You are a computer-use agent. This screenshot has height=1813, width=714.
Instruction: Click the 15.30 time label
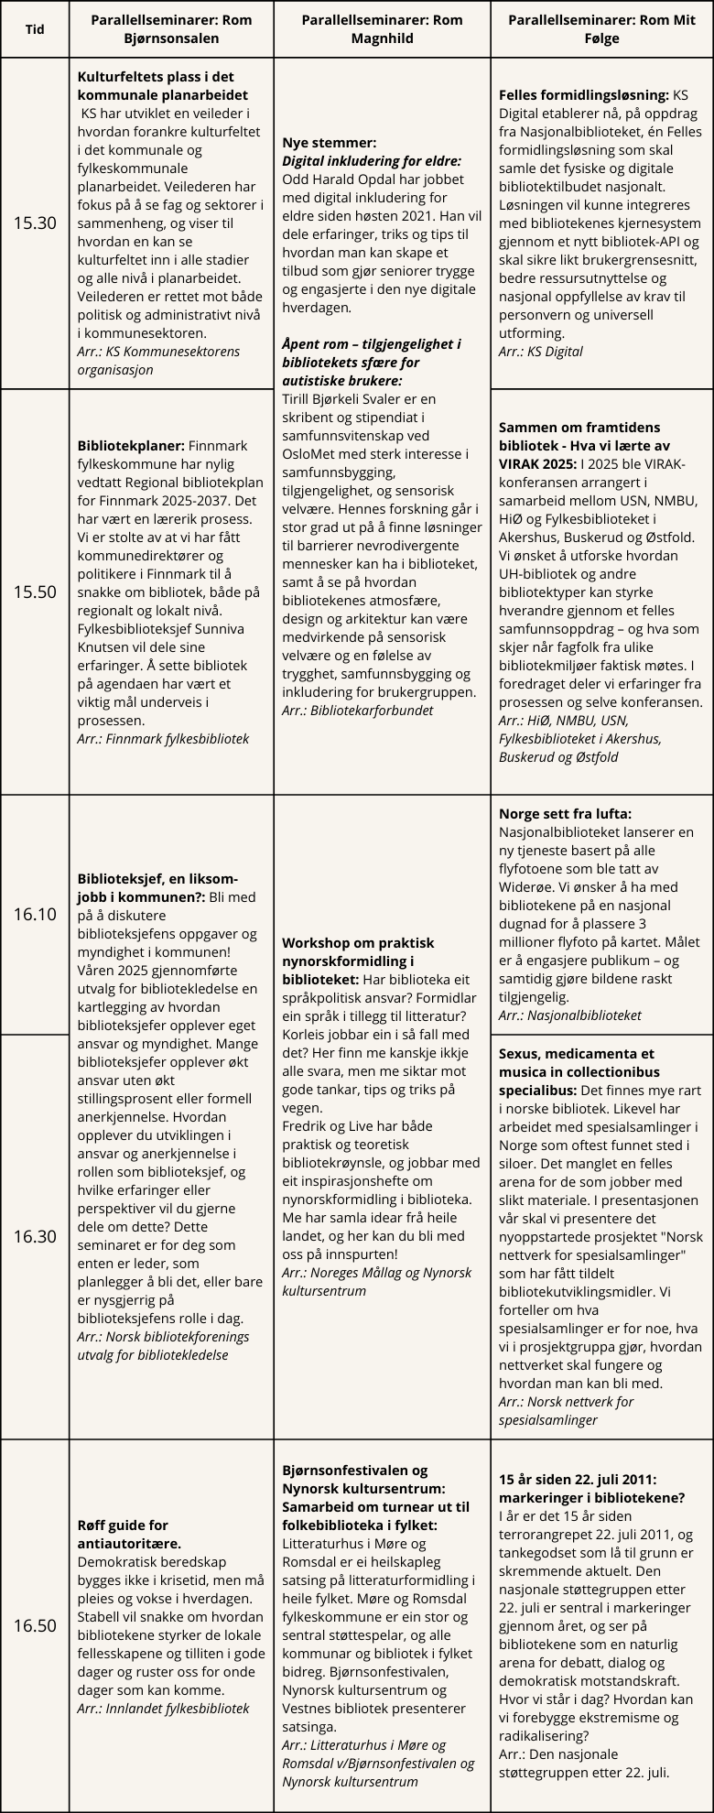click(35, 223)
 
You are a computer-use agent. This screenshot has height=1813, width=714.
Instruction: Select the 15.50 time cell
click(35, 592)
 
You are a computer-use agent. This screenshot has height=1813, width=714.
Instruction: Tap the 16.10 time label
click(35, 914)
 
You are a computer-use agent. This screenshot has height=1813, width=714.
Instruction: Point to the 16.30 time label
click(35, 1236)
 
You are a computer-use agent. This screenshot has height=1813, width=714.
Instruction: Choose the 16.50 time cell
click(35, 1625)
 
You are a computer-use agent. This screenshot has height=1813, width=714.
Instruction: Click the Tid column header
click(35, 29)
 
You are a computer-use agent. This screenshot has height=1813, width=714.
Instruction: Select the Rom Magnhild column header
click(382, 29)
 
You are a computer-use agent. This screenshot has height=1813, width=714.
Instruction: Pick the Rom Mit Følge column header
click(601, 29)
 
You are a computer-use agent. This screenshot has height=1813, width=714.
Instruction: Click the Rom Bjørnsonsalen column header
click(171, 29)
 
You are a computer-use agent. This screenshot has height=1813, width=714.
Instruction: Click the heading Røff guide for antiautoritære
click(123, 1534)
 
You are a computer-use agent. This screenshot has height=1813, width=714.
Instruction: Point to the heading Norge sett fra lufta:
click(565, 813)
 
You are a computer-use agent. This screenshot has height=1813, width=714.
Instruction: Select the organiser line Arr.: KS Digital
click(540, 351)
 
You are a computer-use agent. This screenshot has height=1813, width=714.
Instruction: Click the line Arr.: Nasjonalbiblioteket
click(569, 1015)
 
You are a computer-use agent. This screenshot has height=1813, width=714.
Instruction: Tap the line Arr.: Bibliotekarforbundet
click(357, 710)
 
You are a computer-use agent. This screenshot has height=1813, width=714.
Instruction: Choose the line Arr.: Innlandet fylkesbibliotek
click(163, 1708)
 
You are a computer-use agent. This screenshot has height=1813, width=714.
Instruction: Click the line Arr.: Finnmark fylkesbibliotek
click(163, 738)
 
